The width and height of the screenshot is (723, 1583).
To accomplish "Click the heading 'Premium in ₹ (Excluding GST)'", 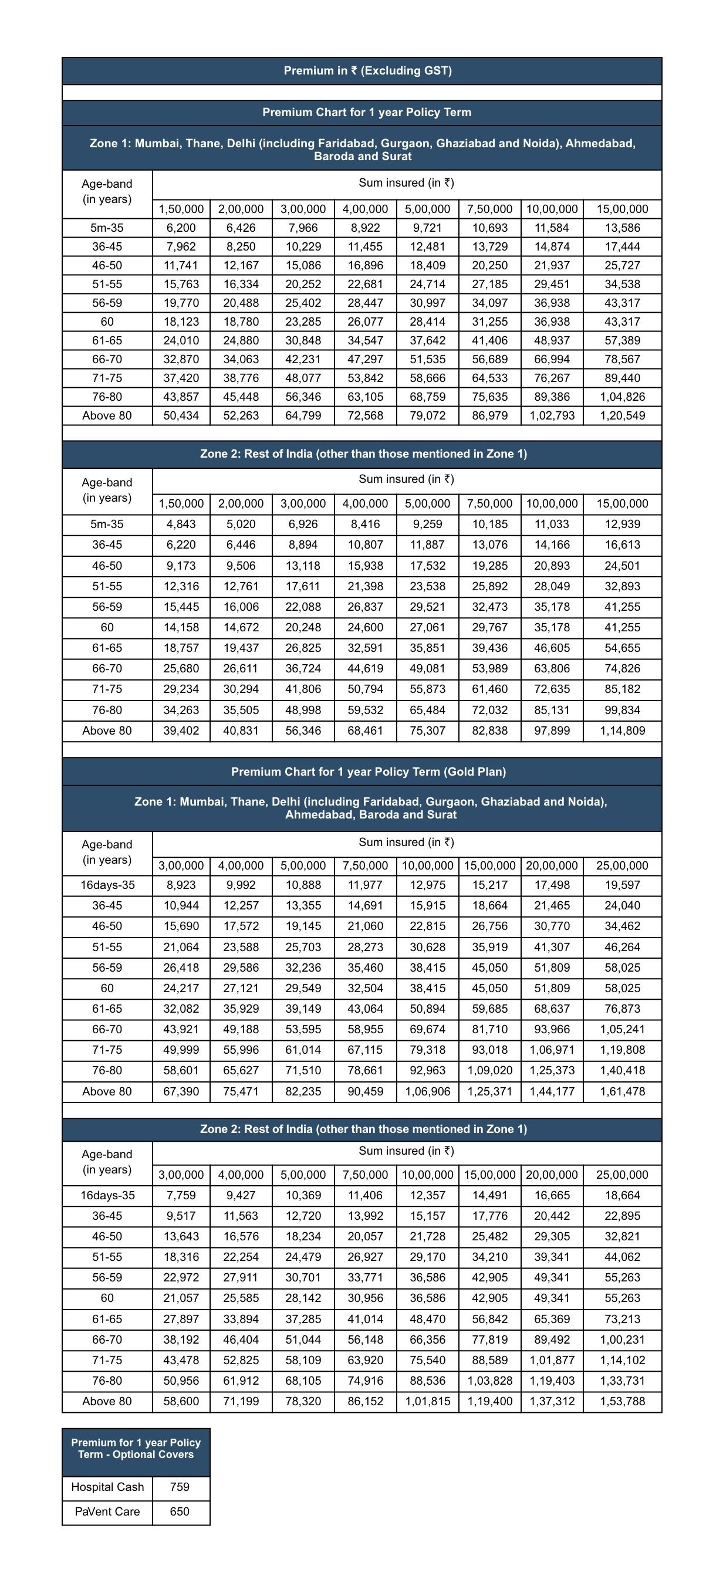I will click(x=367, y=70).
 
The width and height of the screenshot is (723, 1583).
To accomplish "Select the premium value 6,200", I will click(x=181, y=228).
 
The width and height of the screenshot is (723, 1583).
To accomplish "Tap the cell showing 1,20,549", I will click(x=622, y=416).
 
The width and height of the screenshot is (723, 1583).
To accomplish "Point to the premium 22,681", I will click(x=365, y=285).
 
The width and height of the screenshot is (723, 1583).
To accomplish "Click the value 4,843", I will click(x=181, y=525).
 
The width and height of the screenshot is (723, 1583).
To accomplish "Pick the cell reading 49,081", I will click(x=427, y=669).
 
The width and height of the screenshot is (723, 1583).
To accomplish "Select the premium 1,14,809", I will click(x=622, y=730).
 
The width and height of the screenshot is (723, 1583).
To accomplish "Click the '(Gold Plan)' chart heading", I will click(x=367, y=772).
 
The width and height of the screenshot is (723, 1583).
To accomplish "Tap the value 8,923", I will click(x=181, y=885).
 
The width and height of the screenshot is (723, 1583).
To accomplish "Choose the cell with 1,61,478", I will click(x=622, y=1091).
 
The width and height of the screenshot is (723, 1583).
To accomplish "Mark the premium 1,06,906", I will click(x=427, y=1091).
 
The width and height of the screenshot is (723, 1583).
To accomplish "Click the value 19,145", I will click(x=303, y=926).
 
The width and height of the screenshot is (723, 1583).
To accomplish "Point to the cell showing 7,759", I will click(x=181, y=1195).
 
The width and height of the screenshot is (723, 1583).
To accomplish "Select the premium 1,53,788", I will click(x=622, y=1401).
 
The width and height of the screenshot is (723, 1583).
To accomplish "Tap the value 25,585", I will click(x=241, y=1298).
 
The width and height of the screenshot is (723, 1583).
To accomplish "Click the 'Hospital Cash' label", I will click(x=107, y=1487).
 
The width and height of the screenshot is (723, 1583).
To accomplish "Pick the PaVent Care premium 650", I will click(x=180, y=1512).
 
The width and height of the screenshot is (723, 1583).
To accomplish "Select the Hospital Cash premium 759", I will click(x=180, y=1487).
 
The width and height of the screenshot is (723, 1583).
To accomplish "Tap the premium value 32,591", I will click(x=365, y=648).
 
